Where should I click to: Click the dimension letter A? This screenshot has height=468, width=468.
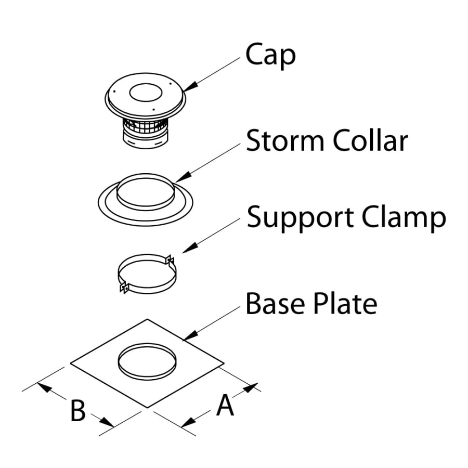[225, 405]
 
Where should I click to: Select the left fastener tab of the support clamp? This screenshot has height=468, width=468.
[124, 287]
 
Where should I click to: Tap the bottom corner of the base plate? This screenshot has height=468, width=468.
[149, 407]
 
